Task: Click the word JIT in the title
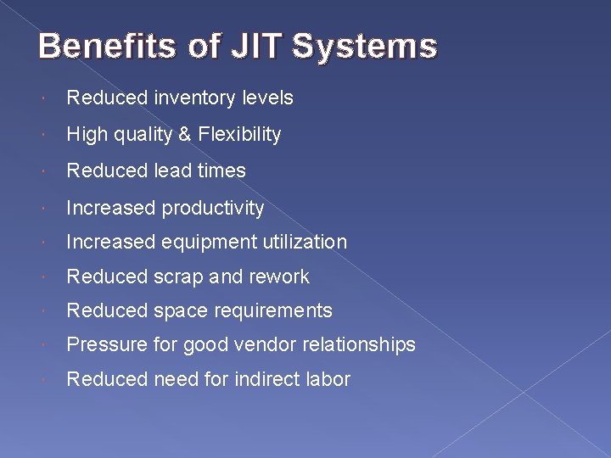pyautogui.click(x=255, y=46)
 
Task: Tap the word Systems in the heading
pyautogui.click(x=365, y=46)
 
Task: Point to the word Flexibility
pyautogui.click(x=241, y=134)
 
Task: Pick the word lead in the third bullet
pyautogui.click(x=173, y=170)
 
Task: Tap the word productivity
pyautogui.click(x=213, y=208)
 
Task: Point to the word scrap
pyautogui.click(x=178, y=276)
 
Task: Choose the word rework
pyautogui.click(x=279, y=276)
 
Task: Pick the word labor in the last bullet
pyautogui.click(x=328, y=379)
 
